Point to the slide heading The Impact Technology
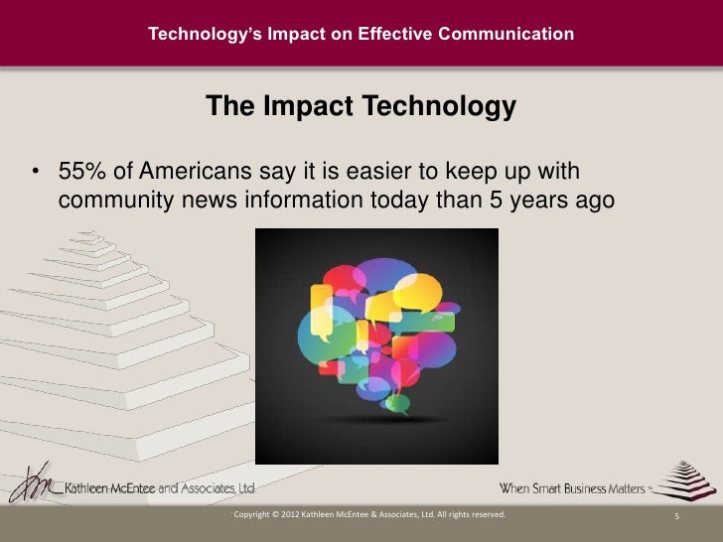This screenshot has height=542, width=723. click(361, 107)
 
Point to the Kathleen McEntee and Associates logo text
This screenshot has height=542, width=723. click(159, 488)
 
